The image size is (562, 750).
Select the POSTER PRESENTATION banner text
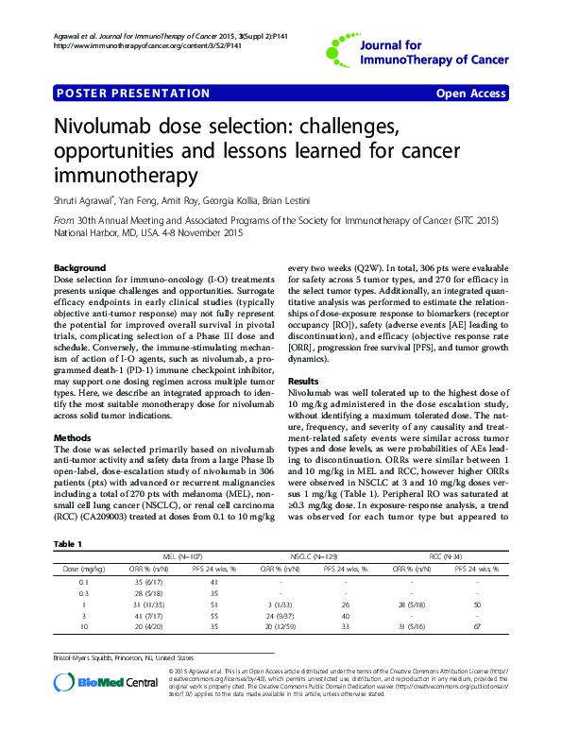133,94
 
